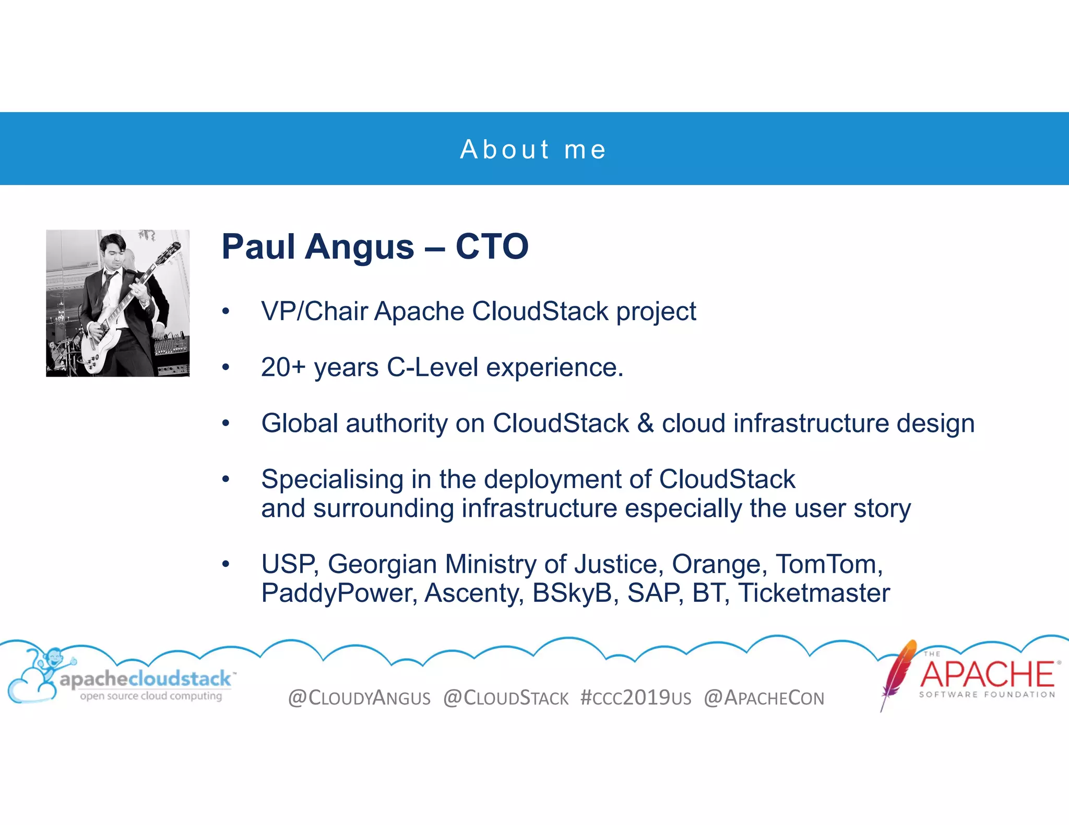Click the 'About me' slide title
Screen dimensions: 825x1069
click(x=533, y=150)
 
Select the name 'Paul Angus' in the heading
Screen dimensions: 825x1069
click(x=317, y=247)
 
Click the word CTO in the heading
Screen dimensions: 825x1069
click(x=492, y=247)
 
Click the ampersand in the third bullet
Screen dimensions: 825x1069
click(x=645, y=423)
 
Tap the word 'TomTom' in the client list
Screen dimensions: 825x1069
click(x=827, y=564)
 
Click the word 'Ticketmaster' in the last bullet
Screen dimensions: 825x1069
click(x=814, y=593)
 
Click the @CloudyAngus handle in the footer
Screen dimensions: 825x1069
click(x=359, y=698)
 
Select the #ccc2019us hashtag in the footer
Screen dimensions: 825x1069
click(x=636, y=698)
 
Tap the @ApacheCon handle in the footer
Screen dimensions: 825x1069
click(x=764, y=698)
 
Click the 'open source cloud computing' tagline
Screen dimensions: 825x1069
click(x=151, y=696)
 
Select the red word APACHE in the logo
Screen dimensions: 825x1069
click(x=987, y=674)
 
